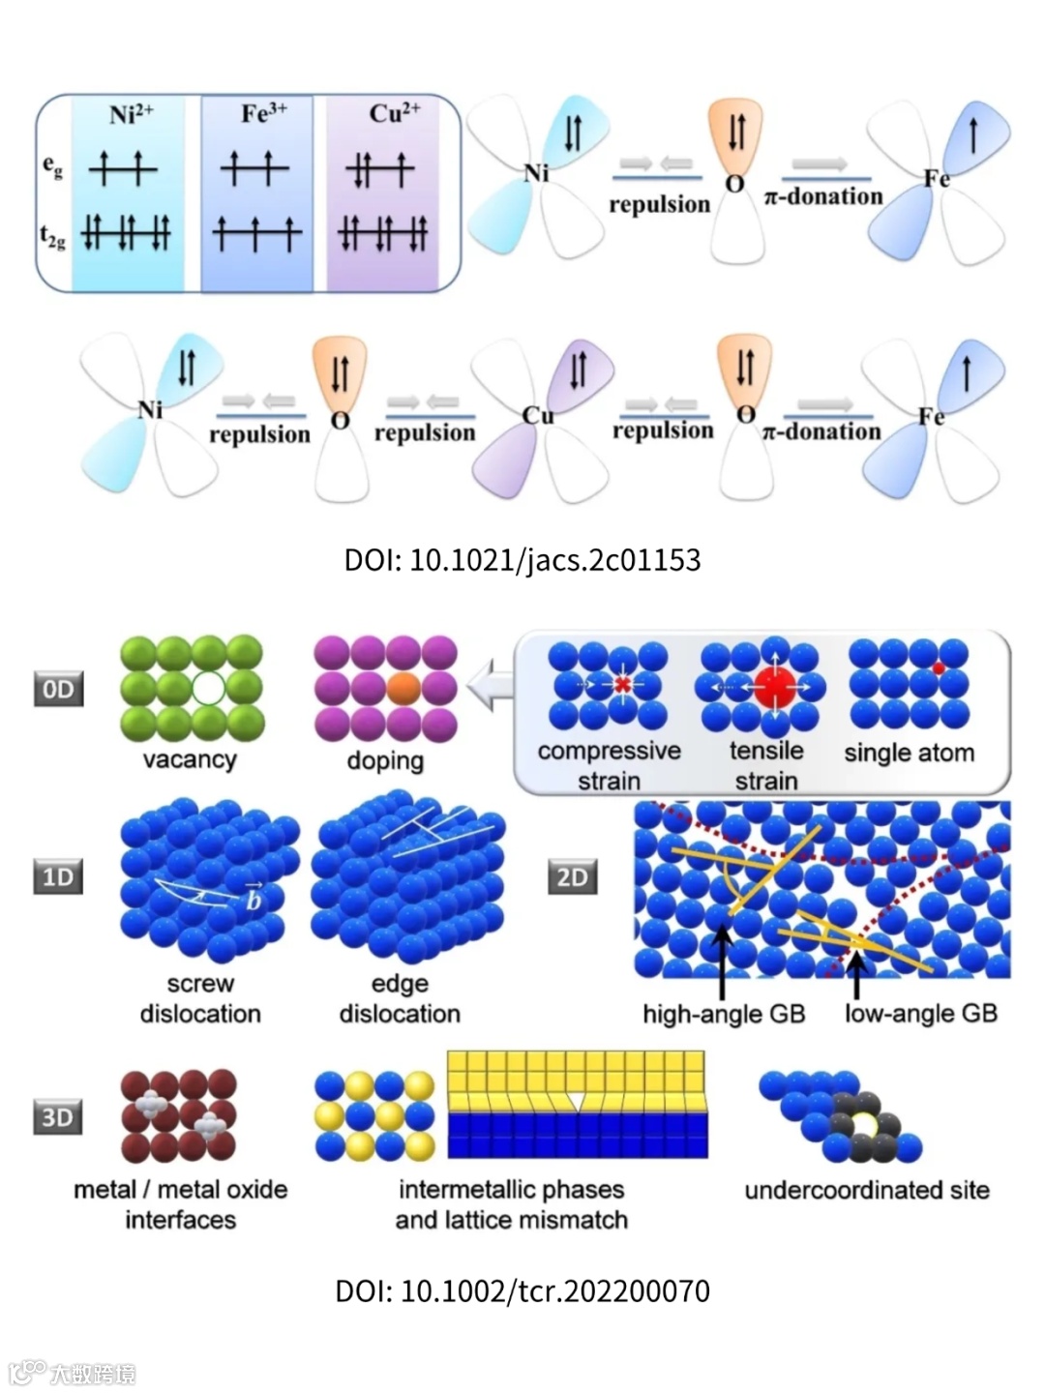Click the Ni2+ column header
point(131,114)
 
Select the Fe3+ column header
point(263,113)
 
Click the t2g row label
point(52,235)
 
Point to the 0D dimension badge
point(58,689)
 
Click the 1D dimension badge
point(58,876)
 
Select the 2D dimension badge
point(572,876)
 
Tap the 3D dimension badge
point(58,1117)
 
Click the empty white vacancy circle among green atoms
point(208,688)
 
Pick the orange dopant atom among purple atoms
point(403,688)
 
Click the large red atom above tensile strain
point(775,687)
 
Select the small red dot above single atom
point(938,667)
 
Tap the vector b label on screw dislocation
point(253,899)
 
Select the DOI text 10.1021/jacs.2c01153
point(522,560)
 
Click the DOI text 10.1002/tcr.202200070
point(522,1290)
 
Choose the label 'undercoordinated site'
point(866,1190)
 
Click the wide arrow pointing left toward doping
point(490,685)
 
